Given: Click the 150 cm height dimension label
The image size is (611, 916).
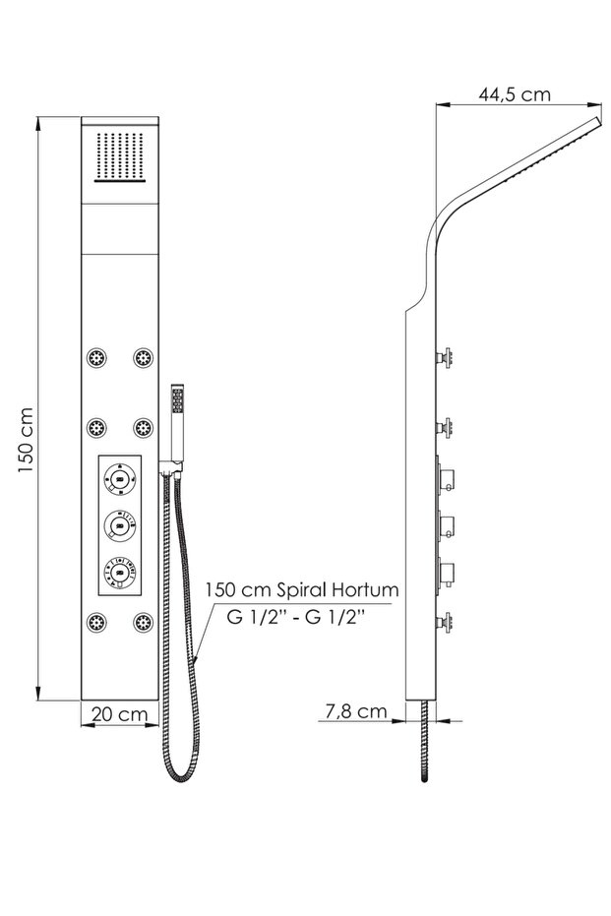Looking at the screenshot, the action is pyautogui.click(x=25, y=441).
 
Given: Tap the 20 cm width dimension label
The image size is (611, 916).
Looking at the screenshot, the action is pyautogui.click(x=120, y=714).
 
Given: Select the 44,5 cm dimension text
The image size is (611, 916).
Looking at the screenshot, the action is pyautogui.click(x=515, y=94).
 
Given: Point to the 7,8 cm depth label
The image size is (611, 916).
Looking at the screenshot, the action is pyautogui.click(x=356, y=711).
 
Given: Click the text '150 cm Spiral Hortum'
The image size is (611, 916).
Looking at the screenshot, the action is pyautogui.click(x=301, y=589).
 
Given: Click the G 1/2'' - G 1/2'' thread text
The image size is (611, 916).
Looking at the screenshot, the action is pyautogui.click(x=295, y=617).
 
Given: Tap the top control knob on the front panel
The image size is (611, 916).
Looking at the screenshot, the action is pyautogui.click(x=120, y=479).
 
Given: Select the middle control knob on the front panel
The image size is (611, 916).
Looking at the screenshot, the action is pyautogui.click(x=120, y=525).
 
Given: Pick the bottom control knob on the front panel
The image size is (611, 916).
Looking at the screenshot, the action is pyautogui.click(x=120, y=572).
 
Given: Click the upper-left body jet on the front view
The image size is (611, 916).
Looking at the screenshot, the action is pyautogui.click(x=96, y=357).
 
